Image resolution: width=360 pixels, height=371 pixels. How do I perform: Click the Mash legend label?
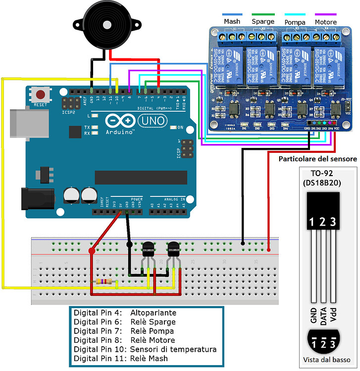[232, 22]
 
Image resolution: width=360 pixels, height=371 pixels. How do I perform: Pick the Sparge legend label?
[262, 22]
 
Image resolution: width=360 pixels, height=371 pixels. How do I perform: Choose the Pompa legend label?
[295, 22]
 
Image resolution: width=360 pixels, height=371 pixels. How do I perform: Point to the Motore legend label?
[325, 22]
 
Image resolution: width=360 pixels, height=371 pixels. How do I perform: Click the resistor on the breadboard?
[104, 282]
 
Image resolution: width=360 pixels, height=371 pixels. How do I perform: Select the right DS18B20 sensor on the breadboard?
[174, 250]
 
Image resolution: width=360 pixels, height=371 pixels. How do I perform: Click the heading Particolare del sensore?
[317, 159]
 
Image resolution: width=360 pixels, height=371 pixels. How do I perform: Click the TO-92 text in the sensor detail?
[322, 174]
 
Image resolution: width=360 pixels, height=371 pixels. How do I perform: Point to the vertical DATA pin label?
[323, 314]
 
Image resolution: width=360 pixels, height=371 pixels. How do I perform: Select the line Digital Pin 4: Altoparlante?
[125, 313]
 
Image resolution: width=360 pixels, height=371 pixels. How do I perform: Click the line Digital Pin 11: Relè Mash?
[121, 358]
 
